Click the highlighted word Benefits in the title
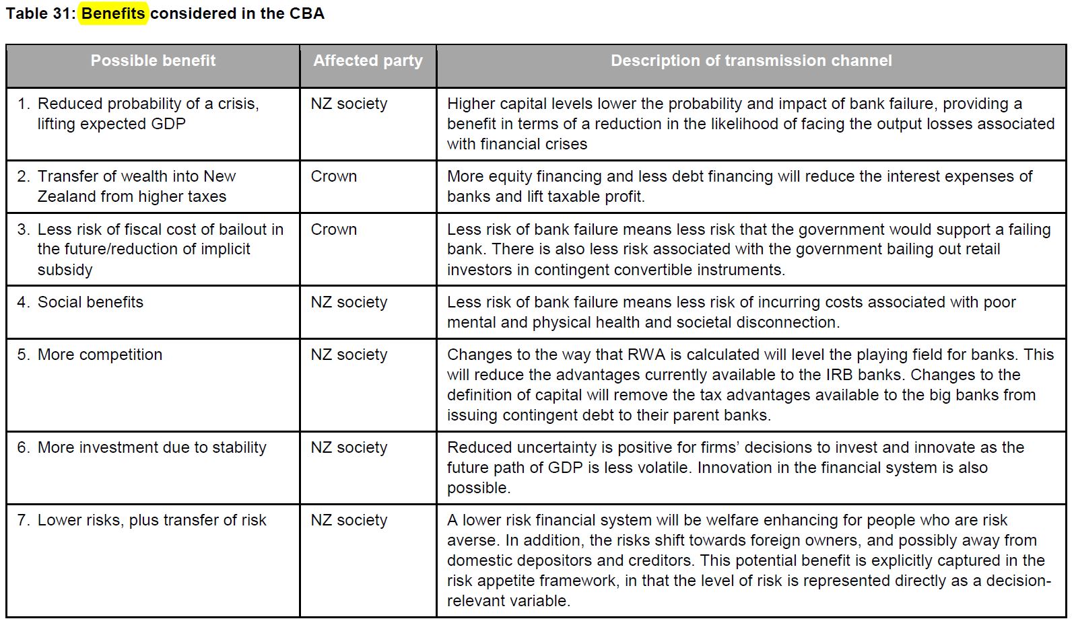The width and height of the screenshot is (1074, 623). (x=113, y=13)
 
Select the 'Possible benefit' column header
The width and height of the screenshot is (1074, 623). (x=153, y=61)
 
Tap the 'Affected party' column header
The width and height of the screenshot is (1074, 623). (x=368, y=61)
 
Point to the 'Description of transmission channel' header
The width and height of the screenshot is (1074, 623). (x=751, y=61)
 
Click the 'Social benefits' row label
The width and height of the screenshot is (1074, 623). (x=90, y=302)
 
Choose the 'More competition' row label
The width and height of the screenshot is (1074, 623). (x=100, y=355)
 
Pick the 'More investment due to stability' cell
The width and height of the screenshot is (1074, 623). (x=152, y=447)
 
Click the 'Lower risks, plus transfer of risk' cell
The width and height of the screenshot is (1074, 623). (x=152, y=520)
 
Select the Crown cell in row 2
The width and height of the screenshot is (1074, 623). (x=334, y=176)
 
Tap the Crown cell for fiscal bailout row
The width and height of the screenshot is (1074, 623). (x=334, y=229)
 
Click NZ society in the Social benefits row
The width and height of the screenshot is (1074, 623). (x=349, y=302)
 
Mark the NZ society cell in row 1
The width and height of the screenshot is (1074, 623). (x=349, y=104)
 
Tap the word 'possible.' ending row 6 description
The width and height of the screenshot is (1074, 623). (x=479, y=488)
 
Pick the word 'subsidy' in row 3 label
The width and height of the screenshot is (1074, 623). (x=65, y=270)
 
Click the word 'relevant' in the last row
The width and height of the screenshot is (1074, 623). (x=475, y=601)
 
